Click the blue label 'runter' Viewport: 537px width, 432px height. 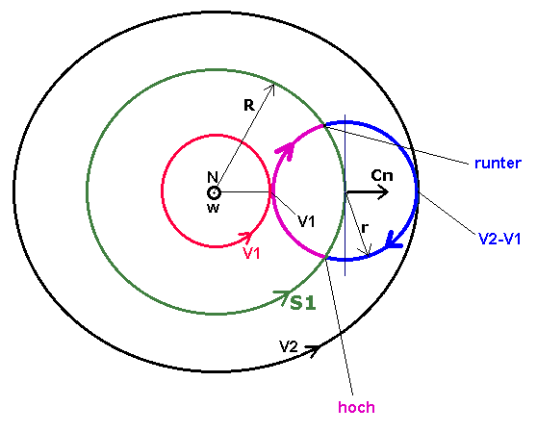pos(498,164)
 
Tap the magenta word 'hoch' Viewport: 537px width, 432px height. pos(356,407)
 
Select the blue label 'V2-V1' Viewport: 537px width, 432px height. pos(499,239)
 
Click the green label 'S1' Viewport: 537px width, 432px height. pos(303,303)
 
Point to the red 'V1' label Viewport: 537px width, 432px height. pos(252,254)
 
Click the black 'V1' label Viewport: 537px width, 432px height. pos(306,222)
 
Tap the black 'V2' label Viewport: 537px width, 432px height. pos(289,346)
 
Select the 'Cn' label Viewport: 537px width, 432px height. pos(382,175)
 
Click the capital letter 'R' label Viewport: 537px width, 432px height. pos(249,105)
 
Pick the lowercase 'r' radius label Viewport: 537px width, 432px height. pos(365,227)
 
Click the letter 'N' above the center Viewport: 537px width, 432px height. pos(213,177)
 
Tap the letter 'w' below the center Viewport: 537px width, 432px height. pos(213,208)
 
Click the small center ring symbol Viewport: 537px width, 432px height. pos(214,193)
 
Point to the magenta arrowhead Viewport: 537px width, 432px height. pos(287,150)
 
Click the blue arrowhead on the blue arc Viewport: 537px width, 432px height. pos(394,240)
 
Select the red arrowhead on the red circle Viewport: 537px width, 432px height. pos(245,237)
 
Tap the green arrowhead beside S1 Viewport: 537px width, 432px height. pos(283,296)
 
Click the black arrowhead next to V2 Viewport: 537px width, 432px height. pos(314,350)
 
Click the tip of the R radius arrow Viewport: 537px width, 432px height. pos(273,85)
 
